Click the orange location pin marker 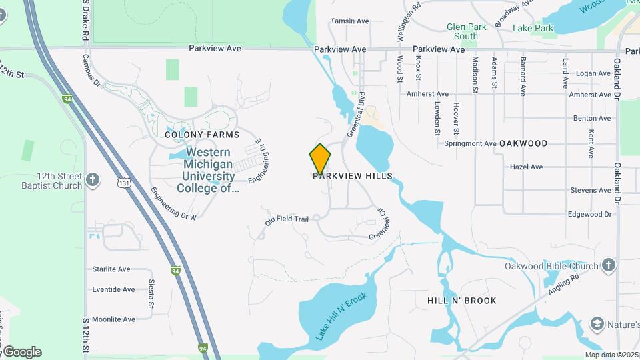pyautogui.click(x=320, y=159)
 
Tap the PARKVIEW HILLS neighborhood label pyautogui.click(x=353, y=176)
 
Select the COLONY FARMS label pyautogui.click(x=193, y=135)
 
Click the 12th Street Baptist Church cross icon pyautogui.click(x=93, y=179)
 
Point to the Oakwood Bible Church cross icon pyautogui.click(x=608, y=266)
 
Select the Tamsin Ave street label pyautogui.click(x=349, y=21)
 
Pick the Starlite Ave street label pyautogui.click(x=111, y=269)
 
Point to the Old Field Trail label pyautogui.click(x=287, y=219)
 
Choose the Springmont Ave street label pyautogui.click(x=471, y=143)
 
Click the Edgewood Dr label pyautogui.click(x=589, y=214)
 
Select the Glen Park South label pyautogui.click(x=462, y=31)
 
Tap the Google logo pyautogui.click(x=21, y=352)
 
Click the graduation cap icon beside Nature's pyautogui.click(x=597, y=325)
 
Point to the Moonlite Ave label pyautogui.click(x=114, y=319)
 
